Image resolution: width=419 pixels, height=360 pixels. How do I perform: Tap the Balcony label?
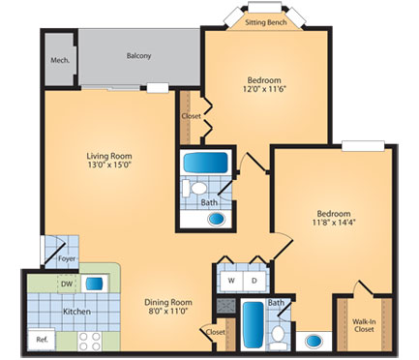(x=138, y=55)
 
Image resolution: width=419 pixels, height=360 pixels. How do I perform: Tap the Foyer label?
(x=66, y=258)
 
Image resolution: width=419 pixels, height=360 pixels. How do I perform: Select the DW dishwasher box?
(x=67, y=285)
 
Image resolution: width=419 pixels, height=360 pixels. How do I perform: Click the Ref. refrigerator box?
(x=42, y=340)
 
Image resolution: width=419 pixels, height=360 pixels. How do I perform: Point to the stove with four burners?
(x=90, y=340)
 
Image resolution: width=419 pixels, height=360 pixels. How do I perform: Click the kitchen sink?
(x=94, y=285)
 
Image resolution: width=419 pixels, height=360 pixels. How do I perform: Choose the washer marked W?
(x=231, y=282)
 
